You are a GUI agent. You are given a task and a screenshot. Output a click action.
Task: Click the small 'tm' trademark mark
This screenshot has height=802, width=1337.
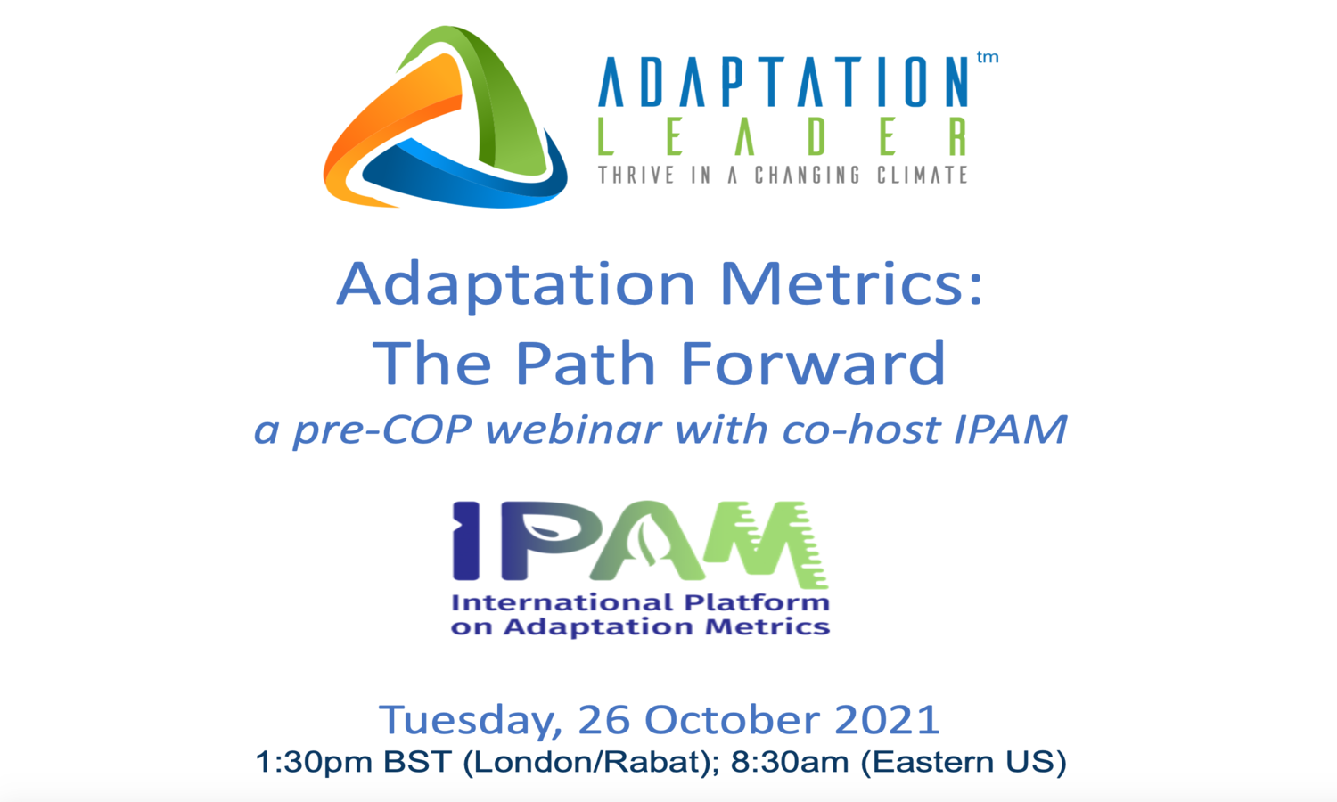pyautogui.click(x=987, y=58)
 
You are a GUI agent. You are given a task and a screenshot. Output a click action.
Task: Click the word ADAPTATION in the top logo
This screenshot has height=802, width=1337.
pyautogui.click(x=783, y=83)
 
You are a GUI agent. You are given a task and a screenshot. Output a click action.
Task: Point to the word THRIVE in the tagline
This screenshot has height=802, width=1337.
pyautogui.click(x=636, y=175)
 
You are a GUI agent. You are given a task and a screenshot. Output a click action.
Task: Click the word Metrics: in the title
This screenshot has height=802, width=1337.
pyautogui.click(x=850, y=285)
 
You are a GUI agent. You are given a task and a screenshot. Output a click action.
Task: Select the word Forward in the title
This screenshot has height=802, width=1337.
pyautogui.click(x=812, y=363)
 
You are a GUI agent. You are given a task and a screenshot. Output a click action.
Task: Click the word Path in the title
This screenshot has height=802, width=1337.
pyautogui.click(x=587, y=363)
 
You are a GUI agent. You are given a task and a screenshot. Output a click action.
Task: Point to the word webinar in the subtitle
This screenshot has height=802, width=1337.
pyautogui.click(x=574, y=430)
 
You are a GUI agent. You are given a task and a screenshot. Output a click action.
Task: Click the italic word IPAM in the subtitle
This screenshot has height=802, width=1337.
pyautogui.click(x=1010, y=430)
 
